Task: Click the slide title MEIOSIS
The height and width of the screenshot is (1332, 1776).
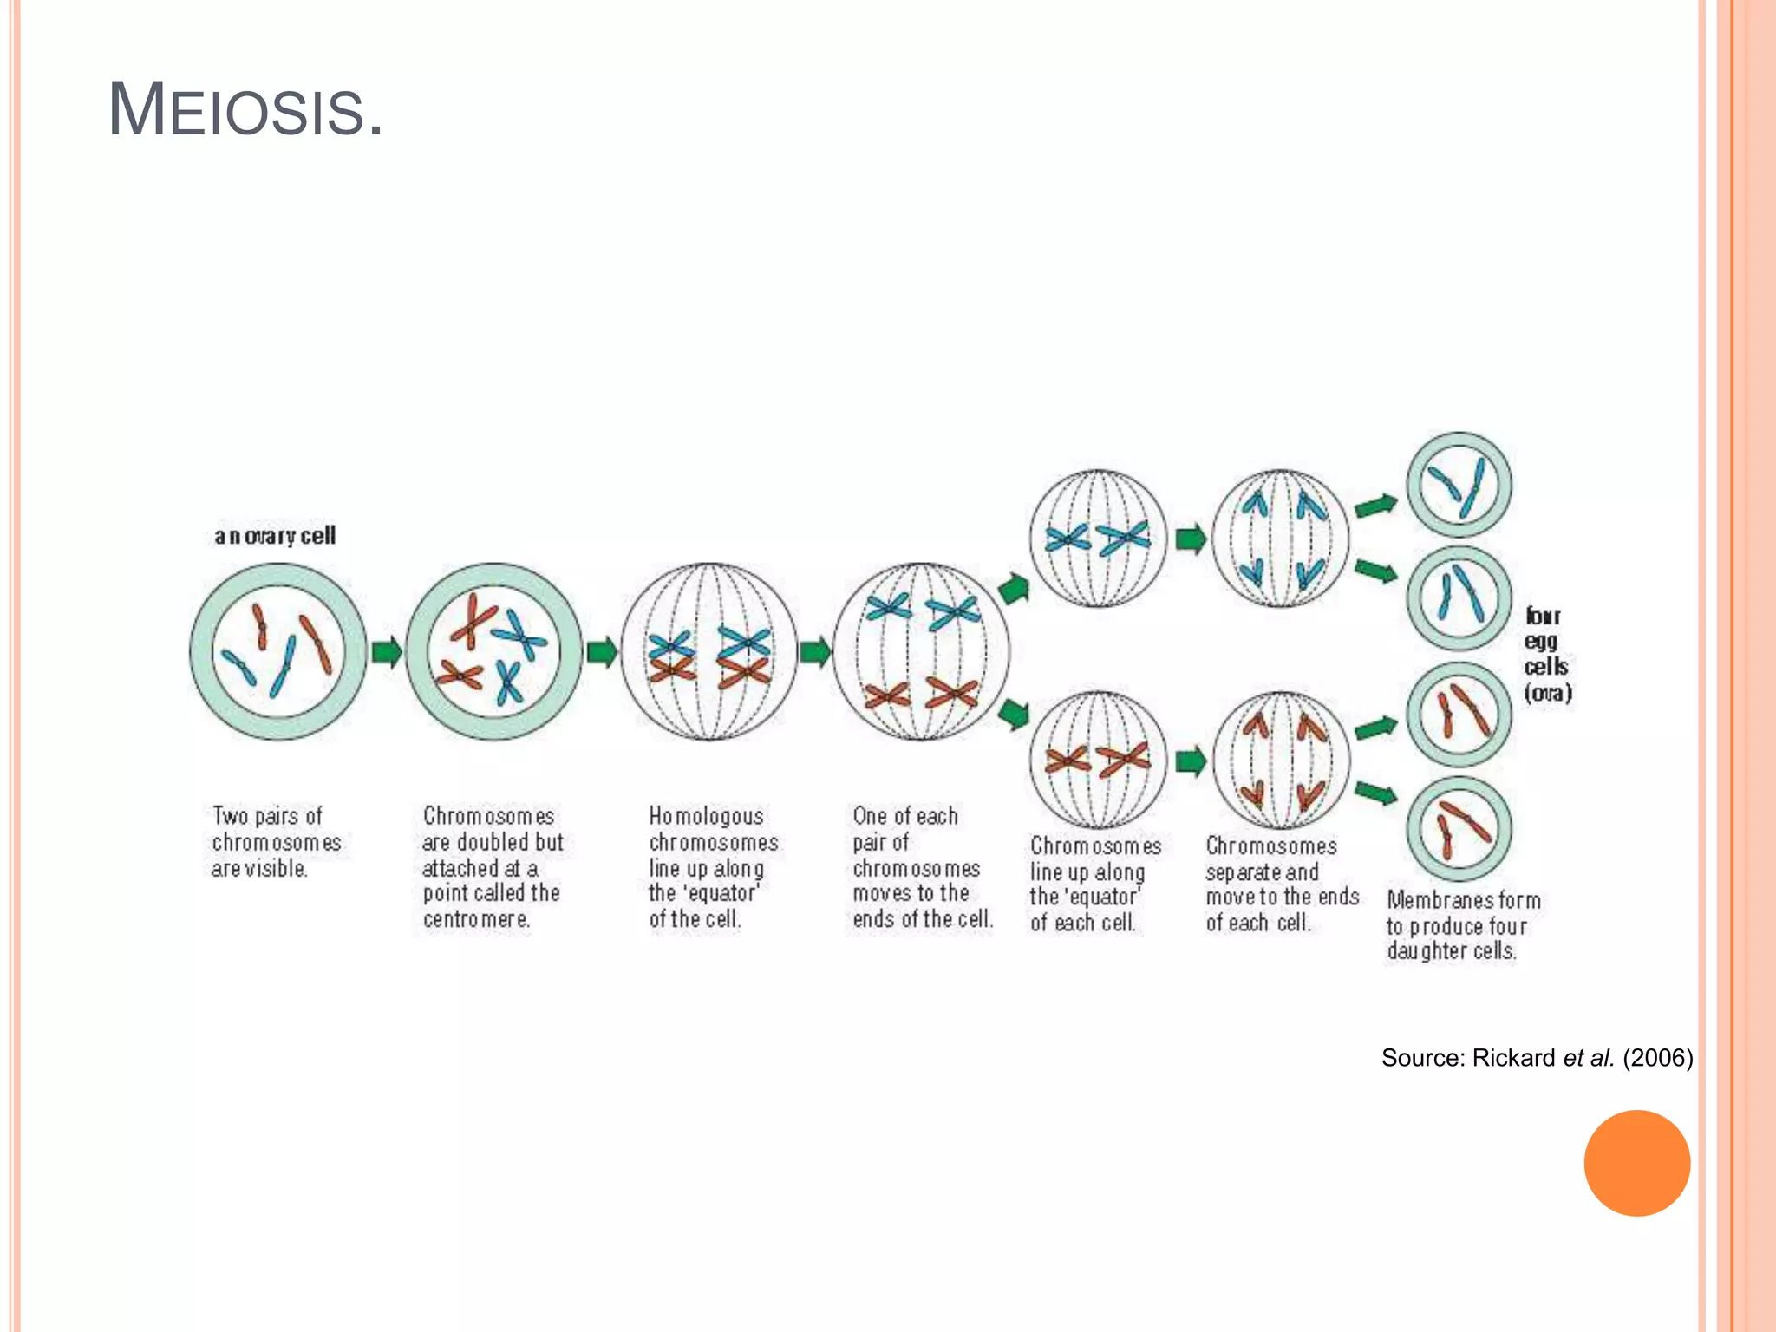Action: coord(245,110)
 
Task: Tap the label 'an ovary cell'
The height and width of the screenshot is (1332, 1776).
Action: coord(275,536)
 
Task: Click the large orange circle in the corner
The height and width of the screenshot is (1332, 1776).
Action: coord(1636,1163)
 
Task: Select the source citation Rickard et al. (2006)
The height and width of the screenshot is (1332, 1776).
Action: coord(1537,1058)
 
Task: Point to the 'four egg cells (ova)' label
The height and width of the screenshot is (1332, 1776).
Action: coord(1548,655)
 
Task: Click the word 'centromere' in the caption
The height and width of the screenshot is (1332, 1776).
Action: coord(476,919)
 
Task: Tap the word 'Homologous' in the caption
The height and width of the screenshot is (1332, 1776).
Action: coord(707,816)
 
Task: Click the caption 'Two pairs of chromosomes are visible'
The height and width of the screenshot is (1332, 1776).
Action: coord(276,842)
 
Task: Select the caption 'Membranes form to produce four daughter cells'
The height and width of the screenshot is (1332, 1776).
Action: coord(1463,925)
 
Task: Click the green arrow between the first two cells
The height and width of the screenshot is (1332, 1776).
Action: coord(386,652)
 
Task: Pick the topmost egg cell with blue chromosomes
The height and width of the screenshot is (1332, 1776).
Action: coord(1459,486)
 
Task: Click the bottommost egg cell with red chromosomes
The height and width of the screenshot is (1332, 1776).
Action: coord(1459,829)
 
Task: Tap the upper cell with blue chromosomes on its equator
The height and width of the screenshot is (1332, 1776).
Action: coord(1098,539)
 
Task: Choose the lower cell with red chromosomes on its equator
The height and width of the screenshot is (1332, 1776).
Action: coord(1098,760)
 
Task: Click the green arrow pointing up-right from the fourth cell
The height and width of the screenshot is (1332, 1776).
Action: coord(1013,590)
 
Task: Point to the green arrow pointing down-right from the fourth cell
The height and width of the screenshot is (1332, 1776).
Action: coord(1013,715)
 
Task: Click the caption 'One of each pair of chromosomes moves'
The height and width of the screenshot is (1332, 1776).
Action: coord(922,867)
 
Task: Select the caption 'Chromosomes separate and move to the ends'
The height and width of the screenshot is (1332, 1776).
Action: coord(1282,885)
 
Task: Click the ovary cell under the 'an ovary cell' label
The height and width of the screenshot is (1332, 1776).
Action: coord(277,652)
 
